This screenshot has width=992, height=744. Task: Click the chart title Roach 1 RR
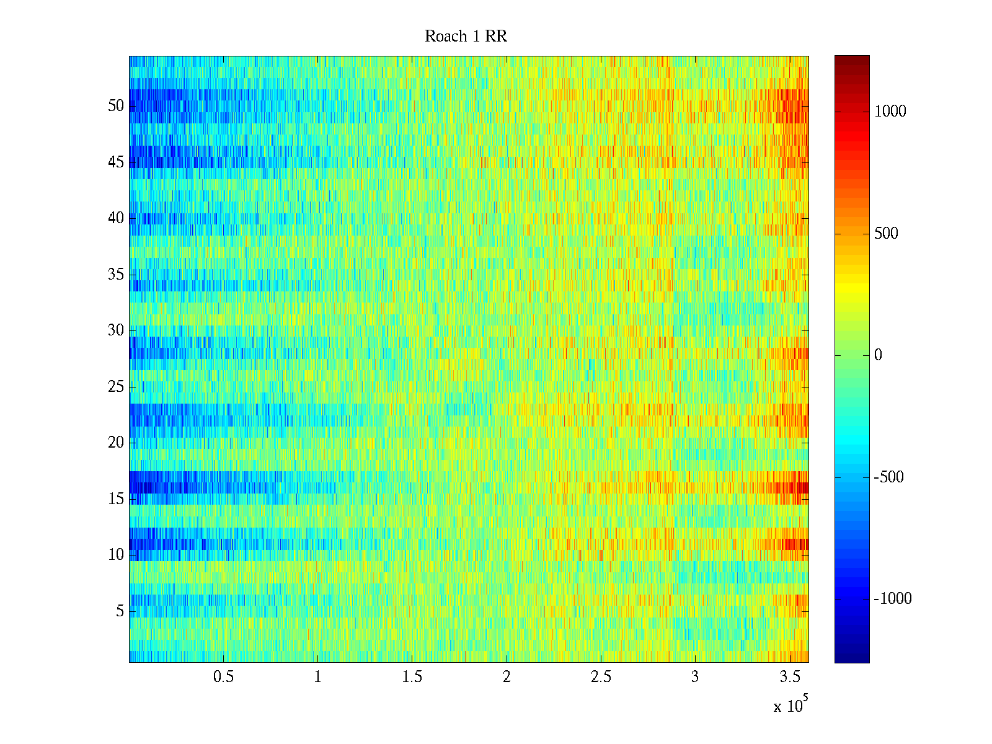point(466,37)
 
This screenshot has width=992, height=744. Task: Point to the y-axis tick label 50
point(116,106)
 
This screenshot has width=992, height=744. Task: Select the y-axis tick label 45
point(116,162)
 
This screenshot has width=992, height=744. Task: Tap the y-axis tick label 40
point(116,218)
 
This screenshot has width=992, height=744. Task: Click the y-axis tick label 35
point(116,275)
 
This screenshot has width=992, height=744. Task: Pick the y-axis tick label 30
point(116,330)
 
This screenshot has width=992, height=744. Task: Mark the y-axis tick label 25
point(116,387)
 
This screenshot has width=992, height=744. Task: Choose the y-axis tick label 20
point(116,443)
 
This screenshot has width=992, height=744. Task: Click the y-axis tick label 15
point(116,499)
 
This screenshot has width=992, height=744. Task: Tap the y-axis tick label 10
point(116,555)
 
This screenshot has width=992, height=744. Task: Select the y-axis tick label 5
point(120,611)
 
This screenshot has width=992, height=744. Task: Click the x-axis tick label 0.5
point(223,677)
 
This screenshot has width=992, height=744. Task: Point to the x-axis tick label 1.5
point(412,677)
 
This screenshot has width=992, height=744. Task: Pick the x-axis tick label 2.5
point(601,677)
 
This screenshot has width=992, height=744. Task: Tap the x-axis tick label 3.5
point(789,677)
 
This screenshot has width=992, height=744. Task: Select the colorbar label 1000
point(890,112)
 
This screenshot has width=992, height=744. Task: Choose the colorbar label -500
point(888,477)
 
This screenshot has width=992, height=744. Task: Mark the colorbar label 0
point(878,355)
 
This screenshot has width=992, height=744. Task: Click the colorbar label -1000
point(893,599)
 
